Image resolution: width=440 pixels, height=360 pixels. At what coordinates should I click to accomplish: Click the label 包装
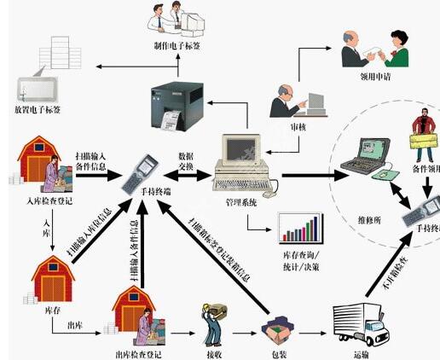278,351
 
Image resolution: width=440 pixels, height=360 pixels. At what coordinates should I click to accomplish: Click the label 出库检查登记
136,351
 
